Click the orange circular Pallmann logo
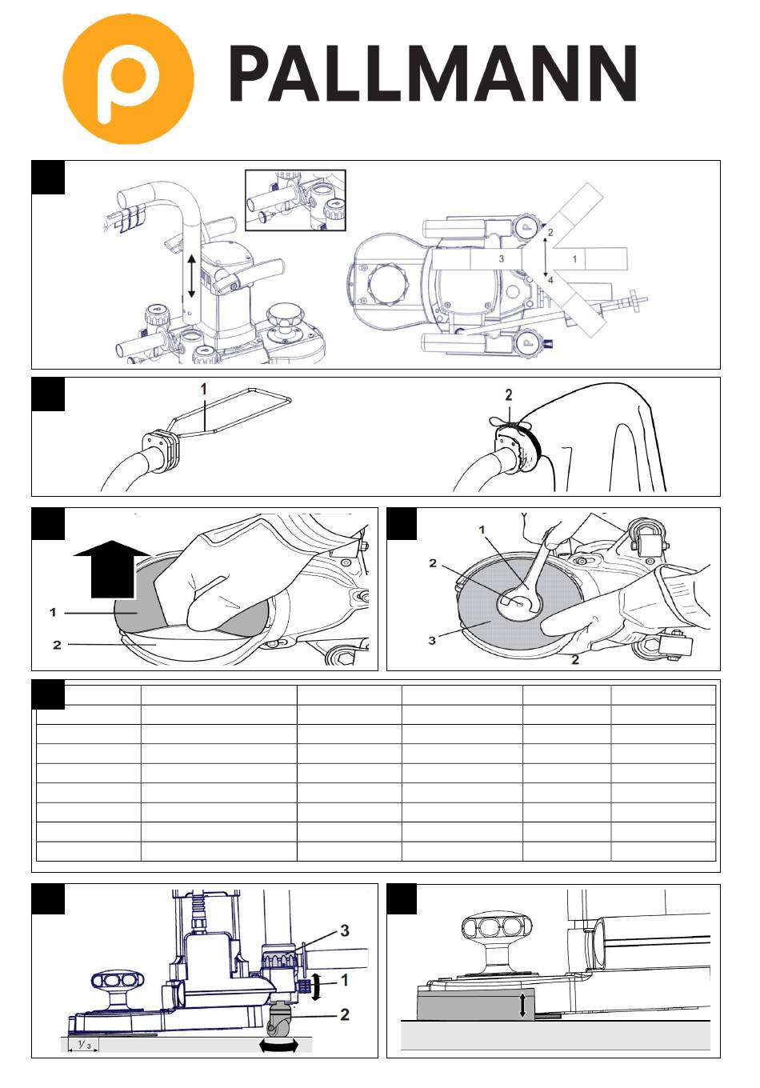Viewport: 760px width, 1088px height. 128,78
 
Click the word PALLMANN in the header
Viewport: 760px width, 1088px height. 433,74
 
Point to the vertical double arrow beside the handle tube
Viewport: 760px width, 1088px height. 191,276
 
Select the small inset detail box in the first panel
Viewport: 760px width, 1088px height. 295,200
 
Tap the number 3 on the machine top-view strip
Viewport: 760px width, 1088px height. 501,259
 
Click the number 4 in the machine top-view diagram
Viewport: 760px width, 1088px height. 550,280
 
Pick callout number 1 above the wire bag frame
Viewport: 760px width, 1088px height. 204,389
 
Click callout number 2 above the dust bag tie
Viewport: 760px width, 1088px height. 509,395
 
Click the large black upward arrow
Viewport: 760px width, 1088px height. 112,569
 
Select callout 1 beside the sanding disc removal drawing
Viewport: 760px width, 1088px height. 53,613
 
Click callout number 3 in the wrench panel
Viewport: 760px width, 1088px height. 432,641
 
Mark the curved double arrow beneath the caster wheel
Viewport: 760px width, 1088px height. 278,1046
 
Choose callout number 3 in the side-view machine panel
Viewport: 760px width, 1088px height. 344,931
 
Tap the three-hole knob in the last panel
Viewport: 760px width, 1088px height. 496,926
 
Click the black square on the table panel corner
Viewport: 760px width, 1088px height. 48,694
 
